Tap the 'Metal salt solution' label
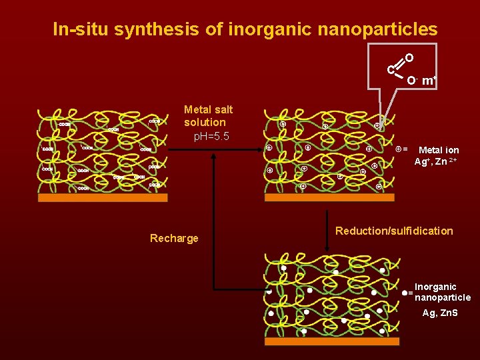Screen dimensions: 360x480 (x=208, y=115)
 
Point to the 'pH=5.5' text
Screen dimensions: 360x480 (x=212, y=136)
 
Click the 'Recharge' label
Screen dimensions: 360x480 (x=174, y=238)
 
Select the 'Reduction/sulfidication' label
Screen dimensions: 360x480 (x=394, y=231)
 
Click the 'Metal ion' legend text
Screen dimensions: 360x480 (x=439, y=150)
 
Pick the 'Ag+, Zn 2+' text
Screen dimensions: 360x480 (x=435, y=161)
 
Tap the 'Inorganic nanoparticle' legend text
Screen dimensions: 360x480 (x=442, y=292)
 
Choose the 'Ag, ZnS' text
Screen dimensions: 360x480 (x=440, y=313)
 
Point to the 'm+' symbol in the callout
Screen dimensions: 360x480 (x=429, y=81)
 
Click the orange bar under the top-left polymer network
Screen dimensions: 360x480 (x=103, y=197)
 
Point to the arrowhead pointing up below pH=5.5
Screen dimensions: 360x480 (x=214, y=157)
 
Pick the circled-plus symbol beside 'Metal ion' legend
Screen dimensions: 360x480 (x=399, y=149)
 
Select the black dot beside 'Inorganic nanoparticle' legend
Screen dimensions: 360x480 (x=405, y=293)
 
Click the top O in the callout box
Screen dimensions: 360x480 (x=409, y=59)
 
